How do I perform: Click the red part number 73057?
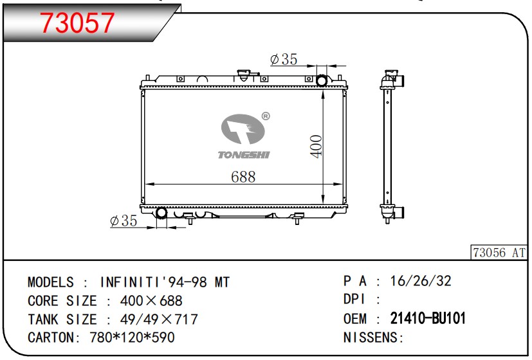(x=77, y=22)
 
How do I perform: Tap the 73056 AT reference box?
(x=499, y=253)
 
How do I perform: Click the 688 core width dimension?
(x=243, y=177)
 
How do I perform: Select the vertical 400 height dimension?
(x=316, y=146)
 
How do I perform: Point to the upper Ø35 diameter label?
(x=284, y=59)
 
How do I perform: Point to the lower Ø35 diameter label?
(x=124, y=221)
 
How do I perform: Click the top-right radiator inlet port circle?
(x=322, y=80)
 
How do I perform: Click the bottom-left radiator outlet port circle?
(x=161, y=213)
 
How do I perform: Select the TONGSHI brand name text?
(x=244, y=155)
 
